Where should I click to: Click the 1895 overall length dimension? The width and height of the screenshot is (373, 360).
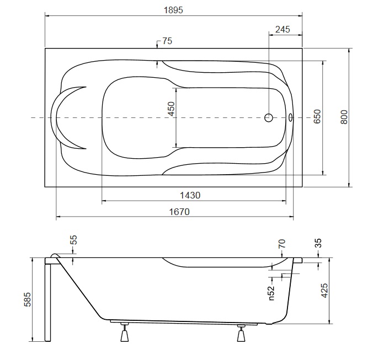click(173, 10)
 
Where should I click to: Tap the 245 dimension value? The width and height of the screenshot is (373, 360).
click(283, 29)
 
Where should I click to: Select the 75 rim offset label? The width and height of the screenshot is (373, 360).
click(167, 41)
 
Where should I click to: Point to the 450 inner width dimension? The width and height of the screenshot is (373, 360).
click(171, 109)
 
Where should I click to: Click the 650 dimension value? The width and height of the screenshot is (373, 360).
click(317, 116)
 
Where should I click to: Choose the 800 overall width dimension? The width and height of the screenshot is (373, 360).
click(344, 117)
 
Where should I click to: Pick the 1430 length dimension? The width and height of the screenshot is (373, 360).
click(190, 195)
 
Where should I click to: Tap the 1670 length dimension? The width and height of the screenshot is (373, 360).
click(179, 212)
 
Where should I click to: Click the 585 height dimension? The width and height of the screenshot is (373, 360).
click(28, 299)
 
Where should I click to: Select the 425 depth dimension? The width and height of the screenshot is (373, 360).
click(324, 291)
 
